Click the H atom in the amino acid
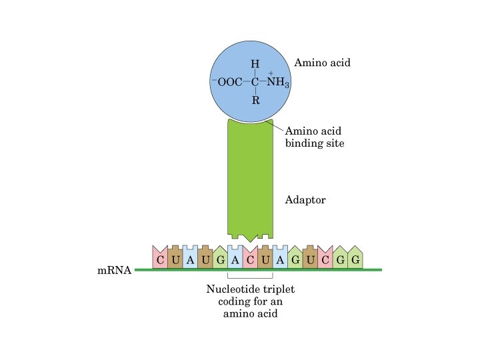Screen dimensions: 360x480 point(255,65)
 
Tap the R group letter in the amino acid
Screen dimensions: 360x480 point(255,101)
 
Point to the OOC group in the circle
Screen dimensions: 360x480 point(228,83)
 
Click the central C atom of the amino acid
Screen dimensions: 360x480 point(255,83)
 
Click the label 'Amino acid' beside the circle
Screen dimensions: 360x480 point(322,63)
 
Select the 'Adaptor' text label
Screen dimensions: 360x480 point(305,199)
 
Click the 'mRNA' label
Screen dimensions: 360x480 point(113,271)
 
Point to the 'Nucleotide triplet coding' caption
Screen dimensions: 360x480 point(250,302)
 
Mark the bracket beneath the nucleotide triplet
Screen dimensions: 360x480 point(250,277)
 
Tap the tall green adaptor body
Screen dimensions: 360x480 point(250,180)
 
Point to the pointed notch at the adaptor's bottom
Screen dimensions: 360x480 point(250,239)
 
